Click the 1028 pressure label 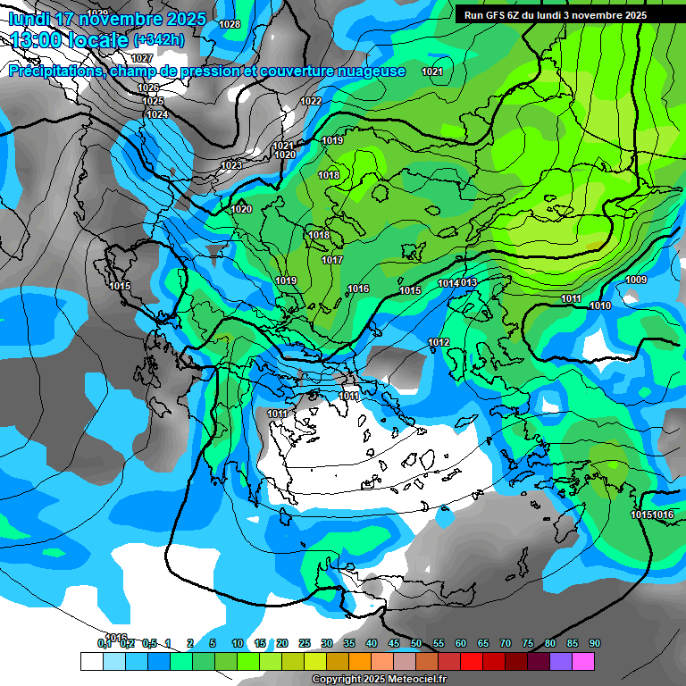point(230,24)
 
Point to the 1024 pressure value point(157,114)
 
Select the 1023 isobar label point(230,165)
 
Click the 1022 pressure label point(311,101)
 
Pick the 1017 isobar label point(332,260)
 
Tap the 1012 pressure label point(439,342)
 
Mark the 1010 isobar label point(600,305)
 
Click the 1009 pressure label point(636,280)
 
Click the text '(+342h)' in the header point(159,39)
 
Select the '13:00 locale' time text point(67,39)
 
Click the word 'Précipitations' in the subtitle point(54,71)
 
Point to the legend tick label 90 point(595,643)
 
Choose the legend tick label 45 point(394,643)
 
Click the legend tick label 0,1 point(104,643)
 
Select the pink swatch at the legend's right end point(583,661)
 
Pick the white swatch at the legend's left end point(91,661)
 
